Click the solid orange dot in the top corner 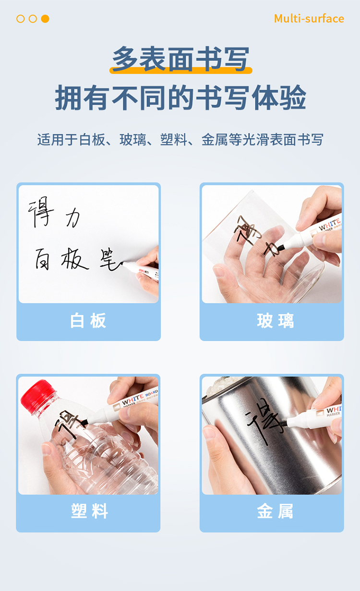[45, 19]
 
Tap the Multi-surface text [309, 19]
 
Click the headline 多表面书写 [180, 59]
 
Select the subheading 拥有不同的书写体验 [180, 97]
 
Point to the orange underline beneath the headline [181, 70]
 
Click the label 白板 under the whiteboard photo [88, 321]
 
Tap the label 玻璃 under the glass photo [276, 321]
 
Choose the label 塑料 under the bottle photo [89, 511]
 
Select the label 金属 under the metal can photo [275, 511]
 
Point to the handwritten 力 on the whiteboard [72, 218]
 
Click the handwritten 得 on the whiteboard [41, 212]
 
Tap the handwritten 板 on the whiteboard [74, 259]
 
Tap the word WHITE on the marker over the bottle [132, 399]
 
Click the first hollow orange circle [21, 19]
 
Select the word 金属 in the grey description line [215, 140]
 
